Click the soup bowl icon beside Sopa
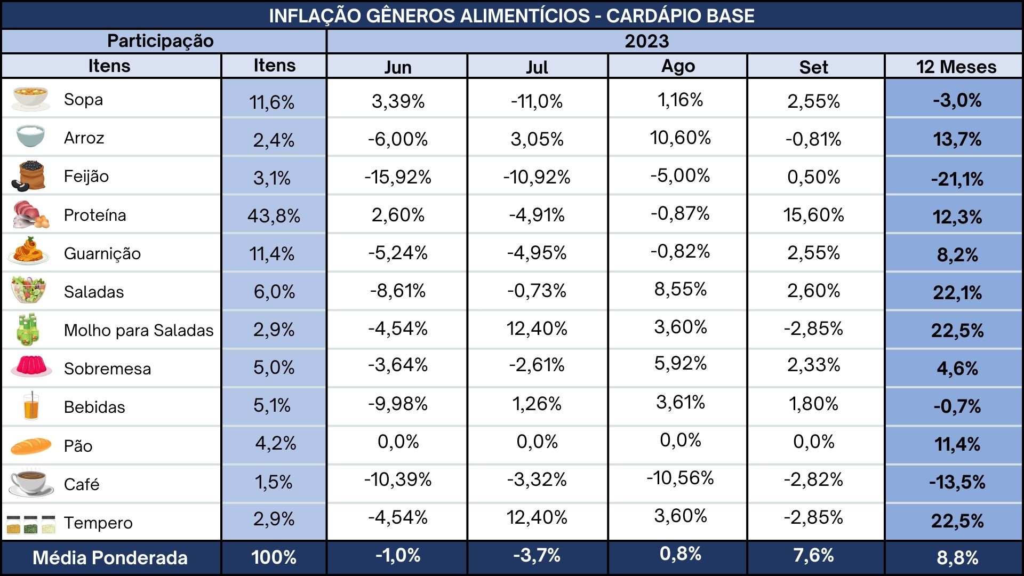[31, 99]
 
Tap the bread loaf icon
[31, 445]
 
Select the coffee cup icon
[31, 482]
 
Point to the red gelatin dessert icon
[31, 367]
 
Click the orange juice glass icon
[31, 406]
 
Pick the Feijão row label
[86, 177]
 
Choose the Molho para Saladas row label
[139, 331]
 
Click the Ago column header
[678, 67]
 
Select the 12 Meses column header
[956, 67]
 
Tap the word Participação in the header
[161, 41]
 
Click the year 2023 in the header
[647, 41]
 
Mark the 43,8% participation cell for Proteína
[274, 216]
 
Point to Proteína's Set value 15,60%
[813, 215]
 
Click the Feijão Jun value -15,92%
[398, 177]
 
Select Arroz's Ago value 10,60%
[680, 138]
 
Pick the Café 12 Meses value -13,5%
[957, 482]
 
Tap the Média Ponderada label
[110, 558]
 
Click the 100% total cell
[274, 557]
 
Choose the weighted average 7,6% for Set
[813, 555]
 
